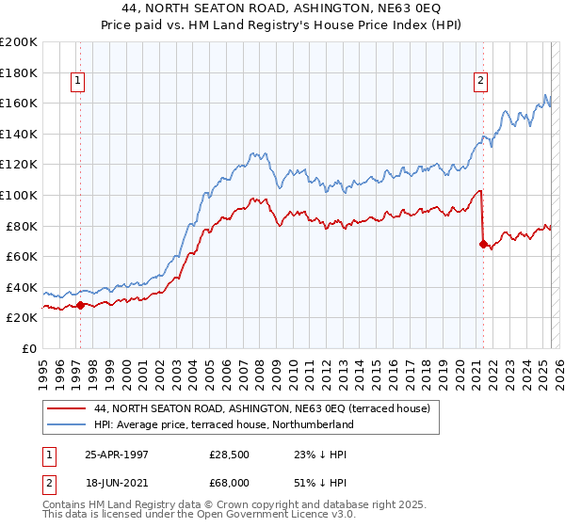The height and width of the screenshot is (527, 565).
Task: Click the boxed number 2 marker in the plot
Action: [x=480, y=81]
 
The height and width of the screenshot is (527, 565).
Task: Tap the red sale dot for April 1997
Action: [x=81, y=305]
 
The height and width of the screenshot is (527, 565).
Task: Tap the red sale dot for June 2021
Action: [x=483, y=245]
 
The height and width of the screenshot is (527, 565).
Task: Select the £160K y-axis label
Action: [x=19, y=103]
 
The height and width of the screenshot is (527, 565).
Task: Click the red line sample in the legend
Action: [x=66, y=408]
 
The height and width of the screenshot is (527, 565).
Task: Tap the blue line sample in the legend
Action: [x=66, y=424]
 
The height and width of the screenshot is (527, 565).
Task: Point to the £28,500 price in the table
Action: [x=229, y=453]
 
